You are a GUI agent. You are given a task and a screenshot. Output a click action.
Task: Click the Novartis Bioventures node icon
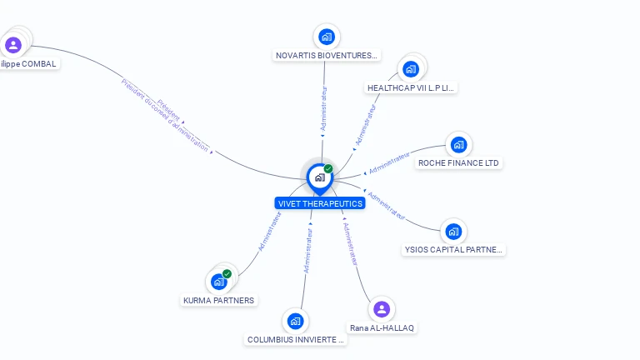[327, 37]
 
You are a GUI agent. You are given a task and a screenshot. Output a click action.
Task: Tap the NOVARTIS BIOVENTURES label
[327, 56]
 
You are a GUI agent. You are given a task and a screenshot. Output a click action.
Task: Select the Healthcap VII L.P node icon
[410, 68]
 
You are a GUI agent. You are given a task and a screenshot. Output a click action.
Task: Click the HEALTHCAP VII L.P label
[412, 87]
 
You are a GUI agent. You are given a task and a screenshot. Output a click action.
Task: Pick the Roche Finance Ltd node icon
[457, 145]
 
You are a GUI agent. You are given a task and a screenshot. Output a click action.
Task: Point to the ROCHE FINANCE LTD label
[459, 163]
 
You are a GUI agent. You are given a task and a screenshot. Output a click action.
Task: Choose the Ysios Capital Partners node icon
[452, 231]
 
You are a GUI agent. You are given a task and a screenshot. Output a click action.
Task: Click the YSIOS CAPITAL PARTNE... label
[454, 249]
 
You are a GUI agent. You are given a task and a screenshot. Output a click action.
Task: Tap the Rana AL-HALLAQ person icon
[382, 309]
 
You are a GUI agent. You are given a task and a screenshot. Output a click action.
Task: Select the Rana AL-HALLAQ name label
[382, 327]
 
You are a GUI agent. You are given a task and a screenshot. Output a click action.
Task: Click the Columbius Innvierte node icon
[294, 321]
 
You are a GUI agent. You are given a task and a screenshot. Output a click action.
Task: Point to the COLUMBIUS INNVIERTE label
[296, 340]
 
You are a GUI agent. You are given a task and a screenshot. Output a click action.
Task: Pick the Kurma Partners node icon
[219, 281]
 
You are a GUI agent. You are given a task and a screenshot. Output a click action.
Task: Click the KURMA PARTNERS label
[218, 300]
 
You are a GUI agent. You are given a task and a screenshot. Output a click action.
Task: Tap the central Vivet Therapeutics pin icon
[319, 177]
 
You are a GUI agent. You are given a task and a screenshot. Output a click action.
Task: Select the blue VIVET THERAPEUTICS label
[320, 203]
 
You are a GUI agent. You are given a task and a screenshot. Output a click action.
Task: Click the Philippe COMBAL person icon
[12, 44]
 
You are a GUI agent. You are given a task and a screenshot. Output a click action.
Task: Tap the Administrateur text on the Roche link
[389, 162]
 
